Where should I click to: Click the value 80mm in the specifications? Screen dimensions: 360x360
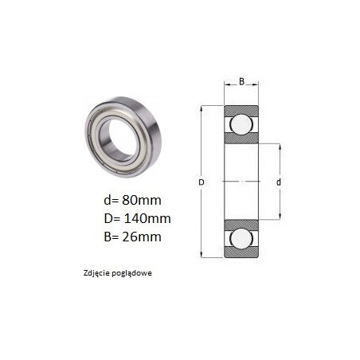142,200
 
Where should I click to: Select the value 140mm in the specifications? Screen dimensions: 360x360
147,218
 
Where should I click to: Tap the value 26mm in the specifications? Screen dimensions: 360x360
142,237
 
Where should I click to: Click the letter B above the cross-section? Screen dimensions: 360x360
241,81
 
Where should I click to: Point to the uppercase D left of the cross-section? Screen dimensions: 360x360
202,182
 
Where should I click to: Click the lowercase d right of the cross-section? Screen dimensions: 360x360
279,182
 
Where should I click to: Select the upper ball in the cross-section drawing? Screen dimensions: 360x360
241,124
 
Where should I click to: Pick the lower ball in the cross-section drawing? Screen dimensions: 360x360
241,238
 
